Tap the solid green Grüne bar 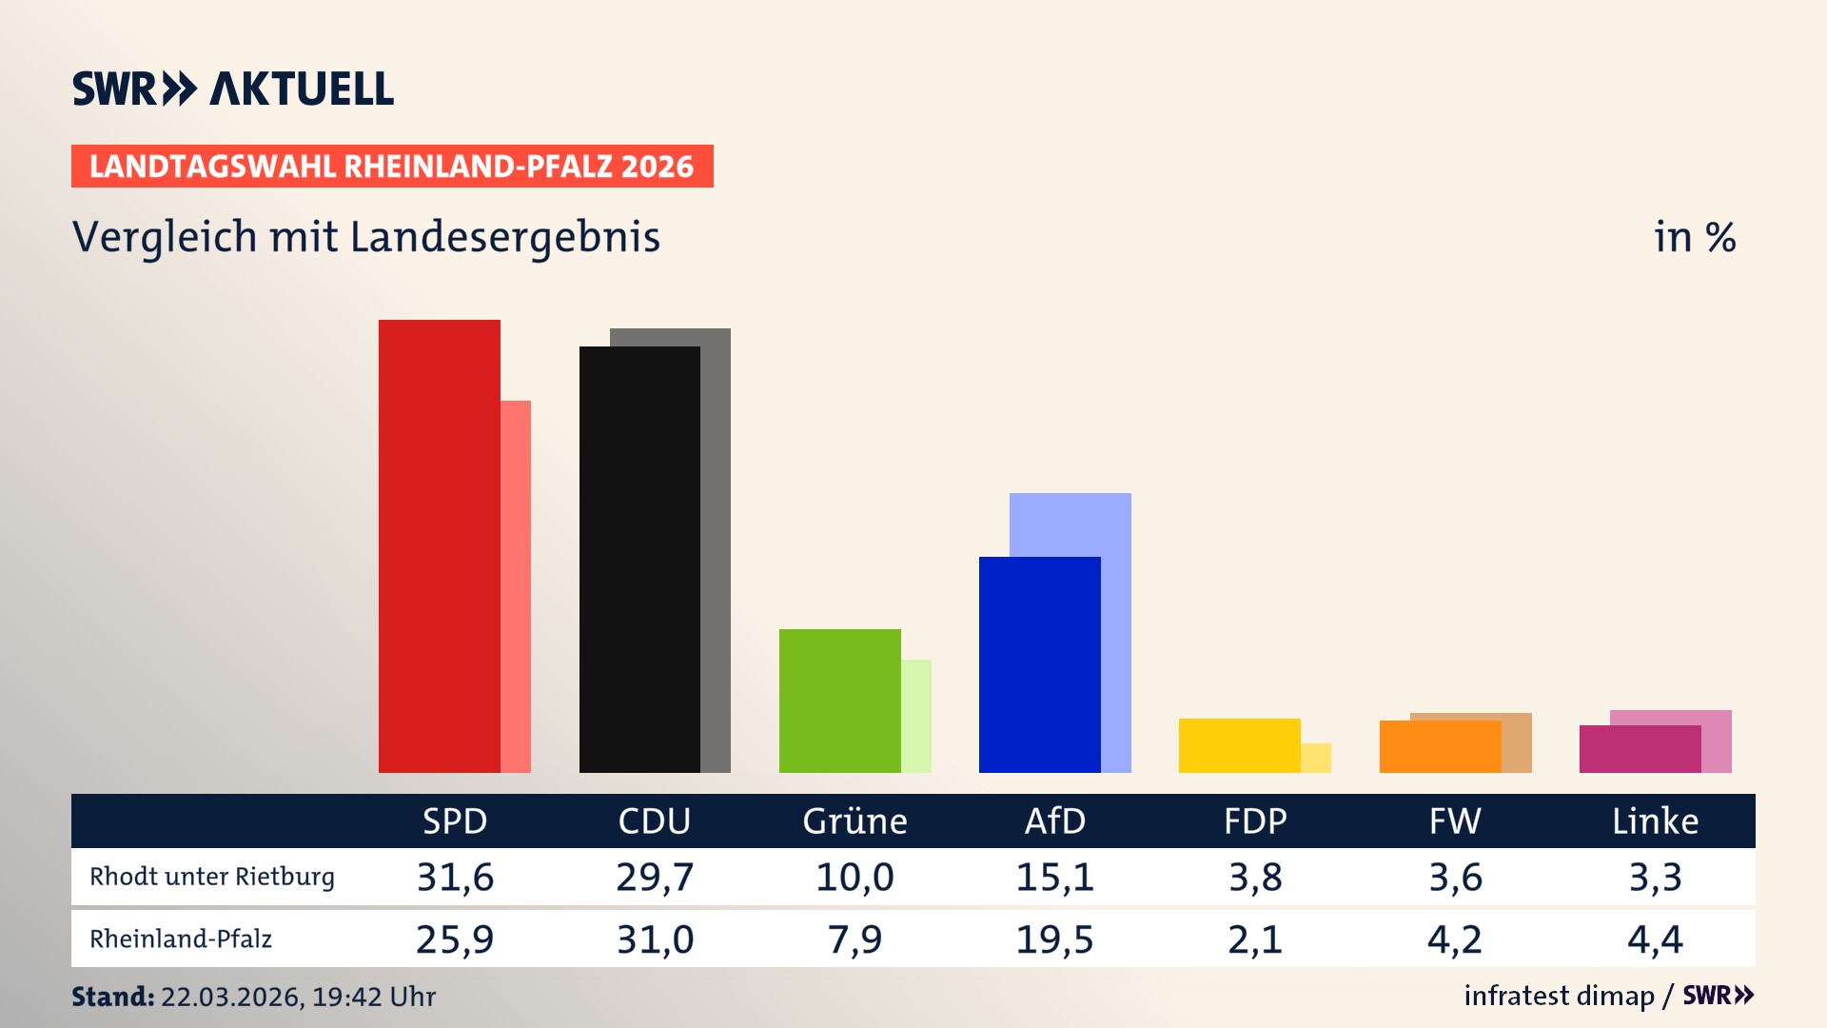pos(839,701)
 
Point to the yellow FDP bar pos(1239,745)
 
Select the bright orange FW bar pos(1440,747)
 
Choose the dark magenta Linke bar pos(1640,749)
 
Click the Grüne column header pos(855,820)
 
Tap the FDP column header pos(1255,820)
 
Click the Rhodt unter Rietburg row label pos(212,877)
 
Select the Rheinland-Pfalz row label pos(181,939)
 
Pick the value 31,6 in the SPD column pos(455,877)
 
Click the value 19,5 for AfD pos(1054,939)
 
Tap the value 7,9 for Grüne pos(855,939)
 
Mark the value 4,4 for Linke pos(1655,939)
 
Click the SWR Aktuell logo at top pos(233,89)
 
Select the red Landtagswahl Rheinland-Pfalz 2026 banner pos(392,167)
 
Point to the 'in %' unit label pos(1694,237)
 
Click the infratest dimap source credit pos(1559,996)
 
